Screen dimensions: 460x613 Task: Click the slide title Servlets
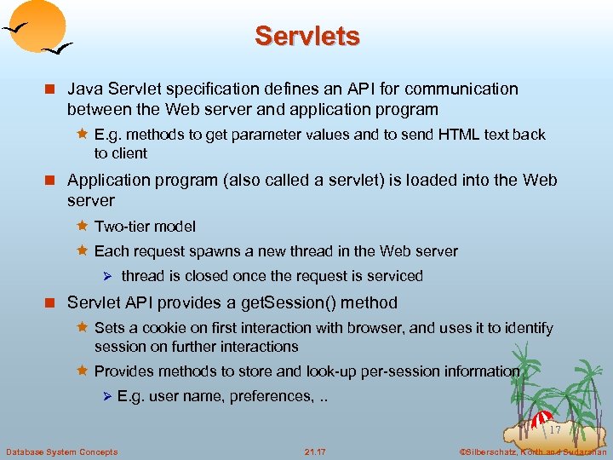point(306,36)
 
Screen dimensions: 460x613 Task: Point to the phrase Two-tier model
point(145,227)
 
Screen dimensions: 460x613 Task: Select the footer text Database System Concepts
point(62,451)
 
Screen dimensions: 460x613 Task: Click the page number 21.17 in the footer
point(315,451)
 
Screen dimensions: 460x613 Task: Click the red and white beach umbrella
point(542,418)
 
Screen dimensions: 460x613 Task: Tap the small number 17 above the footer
point(555,431)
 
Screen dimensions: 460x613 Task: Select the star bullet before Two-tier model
point(82,226)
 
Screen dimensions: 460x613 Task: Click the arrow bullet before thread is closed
point(107,276)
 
